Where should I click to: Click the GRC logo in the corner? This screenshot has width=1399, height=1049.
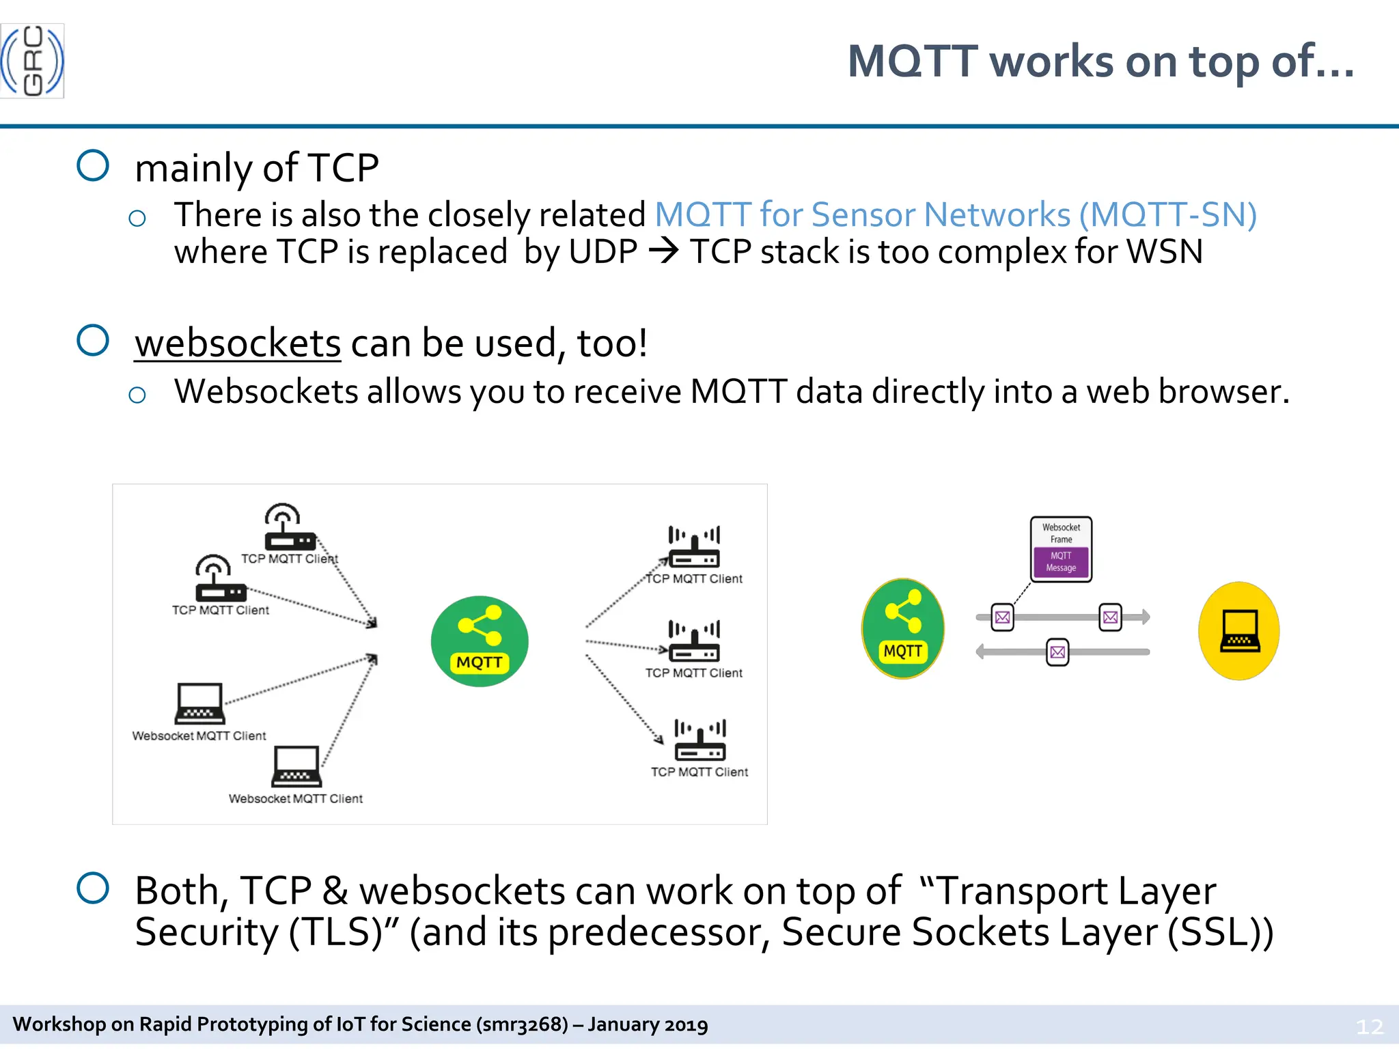32,61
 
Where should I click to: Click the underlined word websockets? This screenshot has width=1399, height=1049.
237,343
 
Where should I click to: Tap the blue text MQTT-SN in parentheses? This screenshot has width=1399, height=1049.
1167,215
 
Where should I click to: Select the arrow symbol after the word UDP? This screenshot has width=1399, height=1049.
663,251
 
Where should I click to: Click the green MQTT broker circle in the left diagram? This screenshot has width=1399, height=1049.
480,641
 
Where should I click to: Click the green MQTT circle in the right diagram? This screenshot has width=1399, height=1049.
902,628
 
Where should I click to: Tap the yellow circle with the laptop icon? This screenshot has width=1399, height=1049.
1238,630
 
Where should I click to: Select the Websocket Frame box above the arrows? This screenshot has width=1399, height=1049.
1061,533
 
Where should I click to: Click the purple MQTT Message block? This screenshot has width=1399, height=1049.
1061,562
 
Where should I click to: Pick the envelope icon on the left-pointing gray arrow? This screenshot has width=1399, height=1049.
1057,652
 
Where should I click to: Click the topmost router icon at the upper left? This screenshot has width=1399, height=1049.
290,527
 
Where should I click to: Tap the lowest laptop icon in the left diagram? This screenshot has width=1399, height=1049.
296,766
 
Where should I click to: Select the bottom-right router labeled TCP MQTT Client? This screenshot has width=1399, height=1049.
700,741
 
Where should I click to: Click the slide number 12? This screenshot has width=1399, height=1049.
1369,1026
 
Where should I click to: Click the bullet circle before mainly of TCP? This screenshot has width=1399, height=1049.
93,165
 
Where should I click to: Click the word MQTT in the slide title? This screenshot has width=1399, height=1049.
913,61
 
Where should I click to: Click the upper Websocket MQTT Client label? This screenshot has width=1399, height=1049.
199,736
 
